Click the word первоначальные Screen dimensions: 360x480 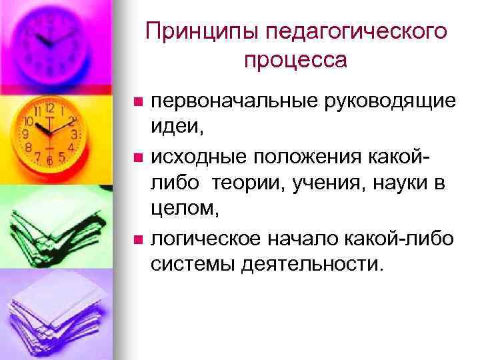223,101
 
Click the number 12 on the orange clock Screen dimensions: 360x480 49,106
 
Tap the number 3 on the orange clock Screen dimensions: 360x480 75,134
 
